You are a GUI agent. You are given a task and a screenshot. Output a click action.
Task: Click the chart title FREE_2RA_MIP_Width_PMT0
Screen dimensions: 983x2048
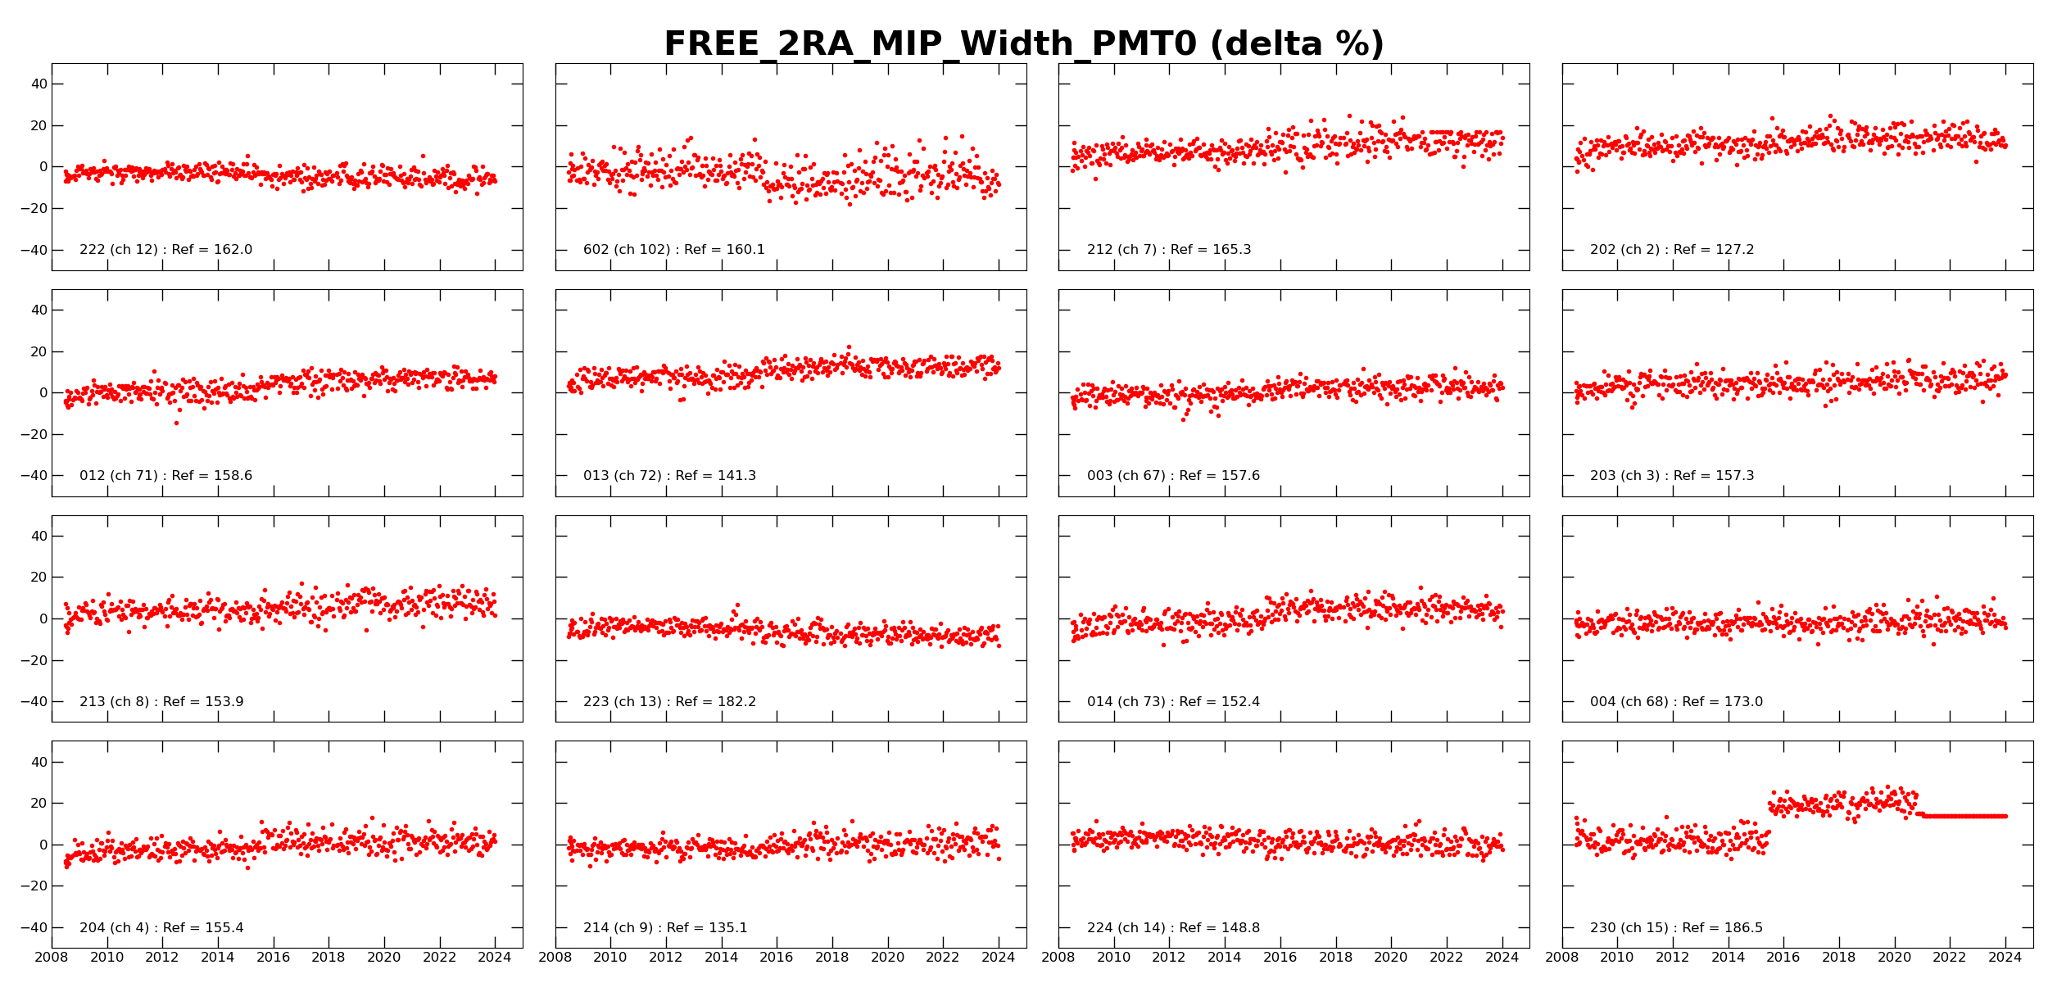1023,44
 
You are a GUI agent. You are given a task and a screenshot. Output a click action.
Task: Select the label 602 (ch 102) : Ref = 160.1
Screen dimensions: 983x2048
673,250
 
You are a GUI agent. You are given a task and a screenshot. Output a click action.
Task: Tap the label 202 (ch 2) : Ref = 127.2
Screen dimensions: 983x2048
1672,250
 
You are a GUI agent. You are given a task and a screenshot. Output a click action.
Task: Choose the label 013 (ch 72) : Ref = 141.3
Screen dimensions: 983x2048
669,476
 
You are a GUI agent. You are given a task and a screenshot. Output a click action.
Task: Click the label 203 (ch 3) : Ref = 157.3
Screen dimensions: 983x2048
1672,476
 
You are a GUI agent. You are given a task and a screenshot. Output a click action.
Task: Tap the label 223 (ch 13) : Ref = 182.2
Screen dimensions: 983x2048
669,702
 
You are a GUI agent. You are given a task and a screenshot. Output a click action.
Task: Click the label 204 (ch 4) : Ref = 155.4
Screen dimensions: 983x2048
161,928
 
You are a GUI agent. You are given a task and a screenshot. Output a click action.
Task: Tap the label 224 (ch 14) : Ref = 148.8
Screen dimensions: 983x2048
1173,928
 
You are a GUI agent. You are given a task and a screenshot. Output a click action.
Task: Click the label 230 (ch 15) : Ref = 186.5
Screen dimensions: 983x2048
1676,928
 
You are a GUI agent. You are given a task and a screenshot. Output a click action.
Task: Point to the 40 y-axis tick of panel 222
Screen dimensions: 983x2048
38,84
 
